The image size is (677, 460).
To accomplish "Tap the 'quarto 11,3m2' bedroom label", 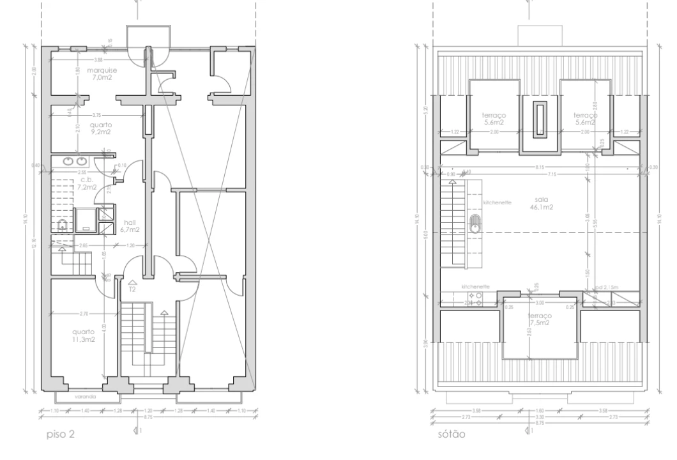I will click(x=84, y=335).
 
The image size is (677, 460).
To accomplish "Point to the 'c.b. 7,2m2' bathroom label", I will click(x=87, y=184).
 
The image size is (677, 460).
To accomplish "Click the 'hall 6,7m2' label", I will click(x=130, y=224).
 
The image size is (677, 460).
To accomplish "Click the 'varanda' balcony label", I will click(x=85, y=396).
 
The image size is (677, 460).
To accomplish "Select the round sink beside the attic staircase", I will click(x=475, y=224).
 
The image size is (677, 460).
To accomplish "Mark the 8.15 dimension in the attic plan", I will click(x=540, y=167).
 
